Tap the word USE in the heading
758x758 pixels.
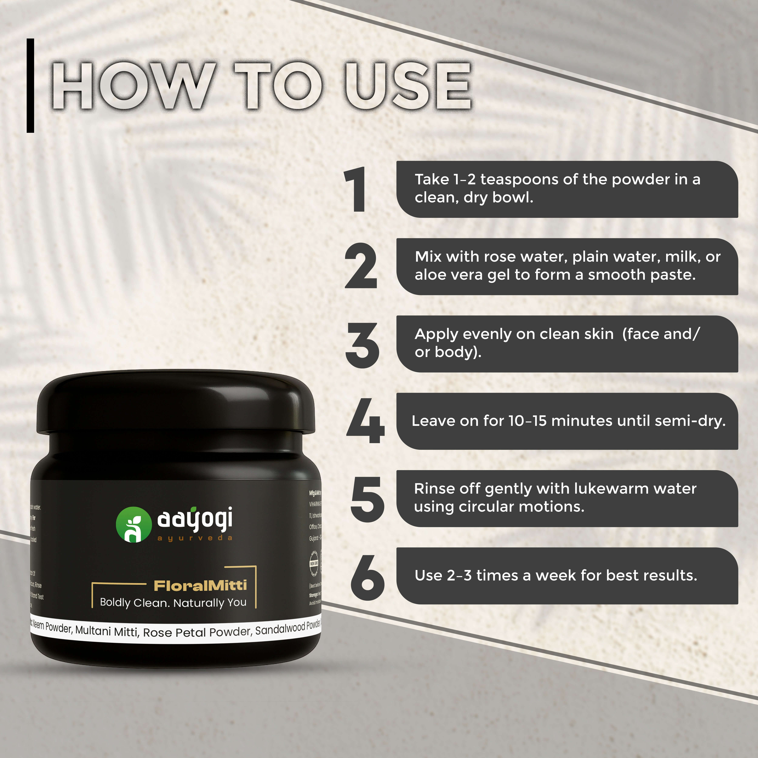[x=408, y=86]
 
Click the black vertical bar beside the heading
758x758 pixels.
[x=30, y=86]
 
